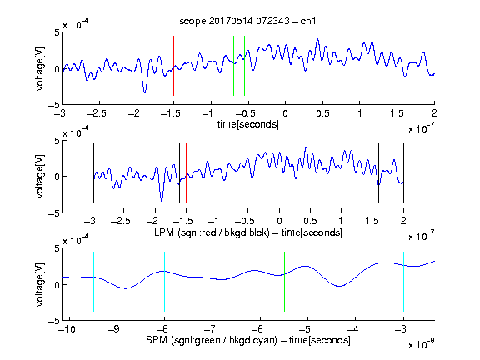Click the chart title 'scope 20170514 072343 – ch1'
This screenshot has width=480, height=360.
point(247,21)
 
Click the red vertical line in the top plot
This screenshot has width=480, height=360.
point(173,66)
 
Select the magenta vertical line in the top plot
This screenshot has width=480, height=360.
point(397,66)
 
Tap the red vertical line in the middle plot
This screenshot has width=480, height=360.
point(186,173)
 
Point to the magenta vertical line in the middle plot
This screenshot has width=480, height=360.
point(372,173)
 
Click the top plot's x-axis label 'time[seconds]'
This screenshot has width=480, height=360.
point(248,124)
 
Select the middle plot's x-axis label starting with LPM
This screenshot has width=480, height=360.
point(248,232)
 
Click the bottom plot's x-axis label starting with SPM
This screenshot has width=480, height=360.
point(248,340)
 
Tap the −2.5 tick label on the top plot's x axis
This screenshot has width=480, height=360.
point(97,114)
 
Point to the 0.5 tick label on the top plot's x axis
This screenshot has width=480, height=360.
point(322,114)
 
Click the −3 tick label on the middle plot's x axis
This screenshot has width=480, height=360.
point(92,221)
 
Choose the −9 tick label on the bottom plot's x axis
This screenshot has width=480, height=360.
point(114,329)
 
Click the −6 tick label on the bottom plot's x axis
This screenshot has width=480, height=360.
point(257,329)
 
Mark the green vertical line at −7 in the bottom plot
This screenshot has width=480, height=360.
point(212,282)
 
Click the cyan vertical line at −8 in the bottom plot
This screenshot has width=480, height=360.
point(164,282)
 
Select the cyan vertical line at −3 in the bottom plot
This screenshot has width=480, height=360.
point(403,282)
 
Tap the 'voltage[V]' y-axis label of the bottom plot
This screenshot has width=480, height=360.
point(40,284)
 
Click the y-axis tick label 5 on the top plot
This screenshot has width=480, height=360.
point(57,32)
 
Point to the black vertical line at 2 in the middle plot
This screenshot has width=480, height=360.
point(403,173)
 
